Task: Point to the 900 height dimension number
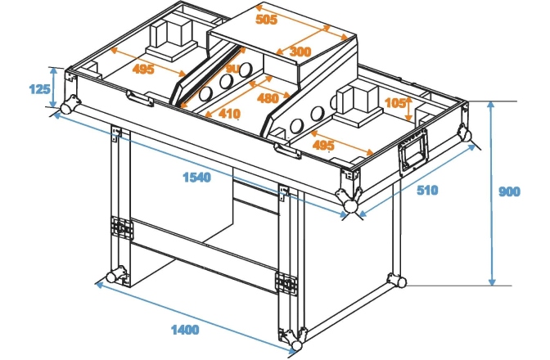[x=510, y=192]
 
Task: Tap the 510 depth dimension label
[x=426, y=191]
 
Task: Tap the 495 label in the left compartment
[x=144, y=70]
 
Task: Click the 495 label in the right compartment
[x=323, y=145]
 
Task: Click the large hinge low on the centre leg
[x=286, y=282]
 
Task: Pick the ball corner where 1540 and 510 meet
[x=350, y=205]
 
